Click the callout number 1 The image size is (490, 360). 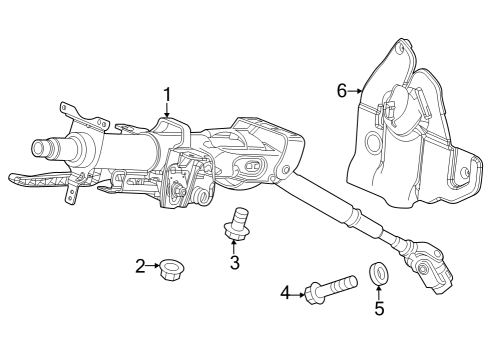[x=167, y=95]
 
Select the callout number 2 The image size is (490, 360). [x=140, y=266]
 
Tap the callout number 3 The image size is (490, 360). [x=235, y=262]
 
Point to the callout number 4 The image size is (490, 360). [x=285, y=293]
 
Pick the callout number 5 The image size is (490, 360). [x=379, y=308]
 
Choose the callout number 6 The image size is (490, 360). [x=342, y=91]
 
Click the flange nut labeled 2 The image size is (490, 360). [x=172, y=270]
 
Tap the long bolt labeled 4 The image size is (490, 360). [x=331, y=288]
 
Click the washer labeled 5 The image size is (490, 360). [x=378, y=273]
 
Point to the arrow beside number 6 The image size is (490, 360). [x=355, y=91]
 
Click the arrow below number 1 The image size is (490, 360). [x=167, y=110]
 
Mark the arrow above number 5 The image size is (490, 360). [x=379, y=292]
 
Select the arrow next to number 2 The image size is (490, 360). [x=153, y=265]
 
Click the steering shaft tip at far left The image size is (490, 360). [x=41, y=146]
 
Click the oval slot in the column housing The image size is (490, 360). [x=253, y=165]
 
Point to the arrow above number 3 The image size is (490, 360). [x=233, y=247]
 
